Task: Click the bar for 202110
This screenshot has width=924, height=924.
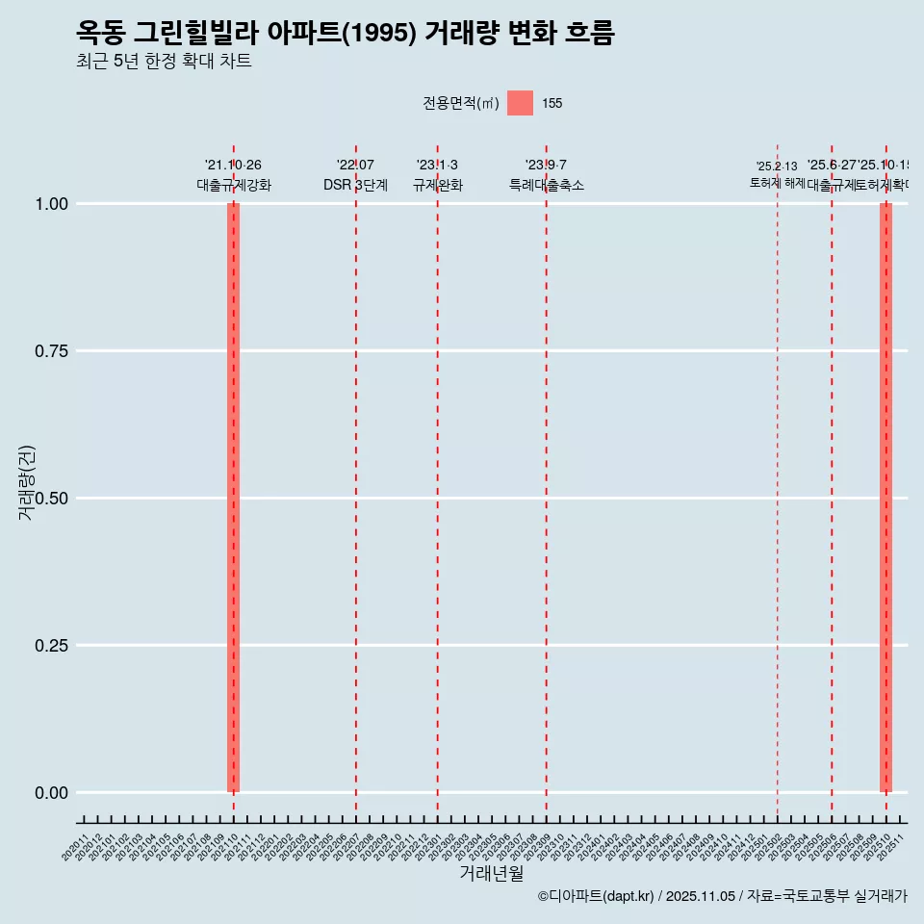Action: [233, 498]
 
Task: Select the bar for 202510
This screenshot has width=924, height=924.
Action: [885, 498]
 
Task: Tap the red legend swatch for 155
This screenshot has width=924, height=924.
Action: [520, 103]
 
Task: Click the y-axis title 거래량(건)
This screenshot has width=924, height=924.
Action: [27, 482]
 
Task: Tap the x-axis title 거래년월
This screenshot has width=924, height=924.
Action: [491, 874]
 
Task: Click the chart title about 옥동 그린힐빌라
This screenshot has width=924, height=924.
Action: [345, 34]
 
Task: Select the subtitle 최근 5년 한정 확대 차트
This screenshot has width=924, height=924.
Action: [164, 63]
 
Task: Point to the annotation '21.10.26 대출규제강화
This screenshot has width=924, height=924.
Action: [233, 175]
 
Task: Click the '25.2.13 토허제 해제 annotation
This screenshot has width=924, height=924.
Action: [777, 174]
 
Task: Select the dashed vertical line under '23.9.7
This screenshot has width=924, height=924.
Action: [547, 481]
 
